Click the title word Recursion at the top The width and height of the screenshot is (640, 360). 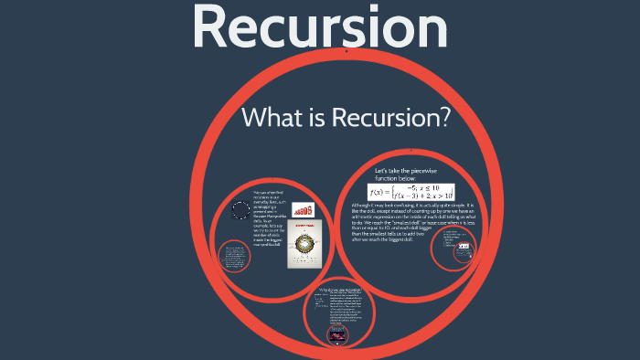click(320, 27)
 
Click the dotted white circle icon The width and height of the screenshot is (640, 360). click(240, 212)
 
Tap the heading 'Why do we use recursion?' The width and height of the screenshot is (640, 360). click(338, 290)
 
